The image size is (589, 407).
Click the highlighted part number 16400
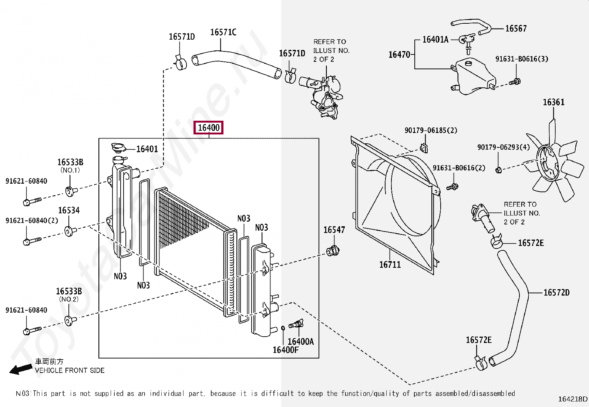pyautogui.click(x=209, y=128)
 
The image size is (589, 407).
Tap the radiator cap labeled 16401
pyautogui.click(x=119, y=149)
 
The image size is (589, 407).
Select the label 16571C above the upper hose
pyautogui.click(x=223, y=32)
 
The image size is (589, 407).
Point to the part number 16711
pyautogui.click(x=390, y=264)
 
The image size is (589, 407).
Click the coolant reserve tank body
pyautogui.click(x=473, y=76)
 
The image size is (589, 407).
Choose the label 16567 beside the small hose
pyautogui.click(x=516, y=29)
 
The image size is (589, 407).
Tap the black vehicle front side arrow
pyautogui.click(x=20, y=369)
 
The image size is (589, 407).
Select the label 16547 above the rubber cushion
pyautogui.click(x=334, y=230)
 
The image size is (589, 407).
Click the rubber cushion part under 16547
pyautogui.click(x=333, y=251)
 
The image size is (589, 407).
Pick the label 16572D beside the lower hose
pyautogui.click(x=556, y=293)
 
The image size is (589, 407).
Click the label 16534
pyautogui.click(x=69, y=210)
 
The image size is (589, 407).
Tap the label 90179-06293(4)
pyautogui.click(x=504, y=147)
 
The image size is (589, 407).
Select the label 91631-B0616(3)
pyautogui.click(x=522, y=59)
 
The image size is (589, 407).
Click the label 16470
pyautogui.click(x=400, y=54)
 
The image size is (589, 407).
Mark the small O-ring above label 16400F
pyautogui.click(x=283, y=328)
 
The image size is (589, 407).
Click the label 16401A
pyautogui.click(x=435, y=40)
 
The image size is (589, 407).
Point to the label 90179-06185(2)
pyautogui.click(x=431, y=130)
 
